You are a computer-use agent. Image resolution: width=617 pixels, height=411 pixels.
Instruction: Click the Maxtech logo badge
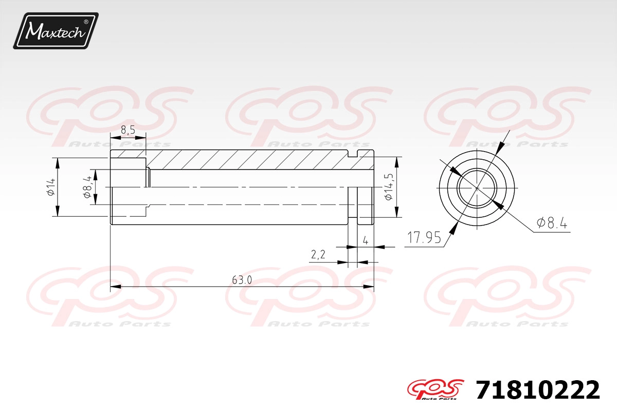point(56,31)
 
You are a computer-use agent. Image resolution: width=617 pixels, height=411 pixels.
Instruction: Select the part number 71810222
point(538,390)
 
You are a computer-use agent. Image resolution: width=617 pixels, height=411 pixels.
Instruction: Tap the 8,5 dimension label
point(128,130)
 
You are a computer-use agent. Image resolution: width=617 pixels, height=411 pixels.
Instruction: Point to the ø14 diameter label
point(51,187)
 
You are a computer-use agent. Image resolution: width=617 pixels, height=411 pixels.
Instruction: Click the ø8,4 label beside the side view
point(87,187)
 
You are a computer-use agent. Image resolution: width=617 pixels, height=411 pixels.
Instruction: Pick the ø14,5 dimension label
point(389,187)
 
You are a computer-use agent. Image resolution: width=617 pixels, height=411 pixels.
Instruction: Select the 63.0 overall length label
point(242,280)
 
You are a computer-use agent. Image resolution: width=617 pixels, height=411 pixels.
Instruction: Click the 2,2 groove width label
point(318,255)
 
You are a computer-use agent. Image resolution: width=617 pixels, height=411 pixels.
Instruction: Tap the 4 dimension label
point(366,241)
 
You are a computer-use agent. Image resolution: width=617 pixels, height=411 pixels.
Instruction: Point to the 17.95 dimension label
point(424,237)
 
